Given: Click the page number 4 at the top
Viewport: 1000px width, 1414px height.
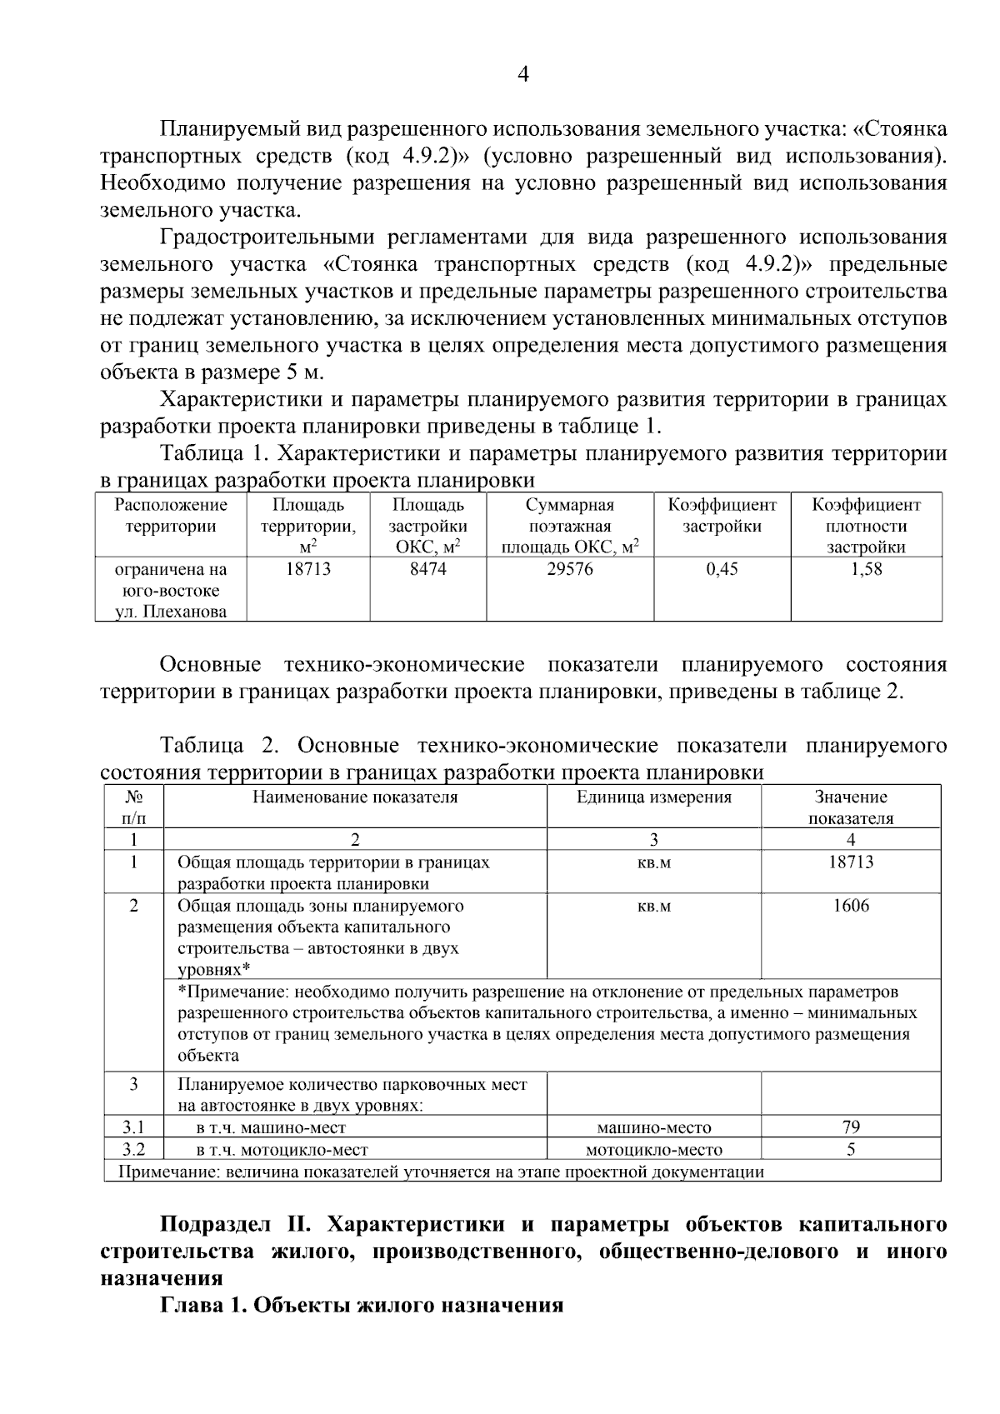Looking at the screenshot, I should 523,74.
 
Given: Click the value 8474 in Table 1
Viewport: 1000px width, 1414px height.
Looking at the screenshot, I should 427,569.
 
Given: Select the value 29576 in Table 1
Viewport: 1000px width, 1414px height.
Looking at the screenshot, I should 569,569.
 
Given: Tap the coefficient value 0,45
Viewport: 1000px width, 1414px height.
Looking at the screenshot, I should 722,569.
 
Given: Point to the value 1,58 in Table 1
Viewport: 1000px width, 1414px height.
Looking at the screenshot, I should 866,569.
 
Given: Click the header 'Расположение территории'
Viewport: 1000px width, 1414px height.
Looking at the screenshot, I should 171,516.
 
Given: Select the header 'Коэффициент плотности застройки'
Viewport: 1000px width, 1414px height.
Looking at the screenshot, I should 866,526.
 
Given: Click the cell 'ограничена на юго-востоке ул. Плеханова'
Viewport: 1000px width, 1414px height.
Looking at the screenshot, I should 171,591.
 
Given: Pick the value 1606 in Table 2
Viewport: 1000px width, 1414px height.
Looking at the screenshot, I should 851,906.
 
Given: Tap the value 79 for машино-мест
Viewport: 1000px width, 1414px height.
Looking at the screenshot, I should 851,1127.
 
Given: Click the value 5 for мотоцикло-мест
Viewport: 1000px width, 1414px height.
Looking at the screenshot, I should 851,1150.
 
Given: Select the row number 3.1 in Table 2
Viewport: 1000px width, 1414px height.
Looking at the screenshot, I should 133,1127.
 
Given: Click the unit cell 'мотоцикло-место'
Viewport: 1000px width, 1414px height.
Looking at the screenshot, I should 654,1150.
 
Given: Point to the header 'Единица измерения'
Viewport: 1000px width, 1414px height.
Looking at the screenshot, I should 654,797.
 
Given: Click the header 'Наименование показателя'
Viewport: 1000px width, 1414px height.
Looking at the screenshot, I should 356,797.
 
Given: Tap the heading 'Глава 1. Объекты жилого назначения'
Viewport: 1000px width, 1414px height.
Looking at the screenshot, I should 362,1305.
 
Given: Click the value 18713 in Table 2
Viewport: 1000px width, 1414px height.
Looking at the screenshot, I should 851,862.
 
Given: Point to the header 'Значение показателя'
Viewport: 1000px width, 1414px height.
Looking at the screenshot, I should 851,807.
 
